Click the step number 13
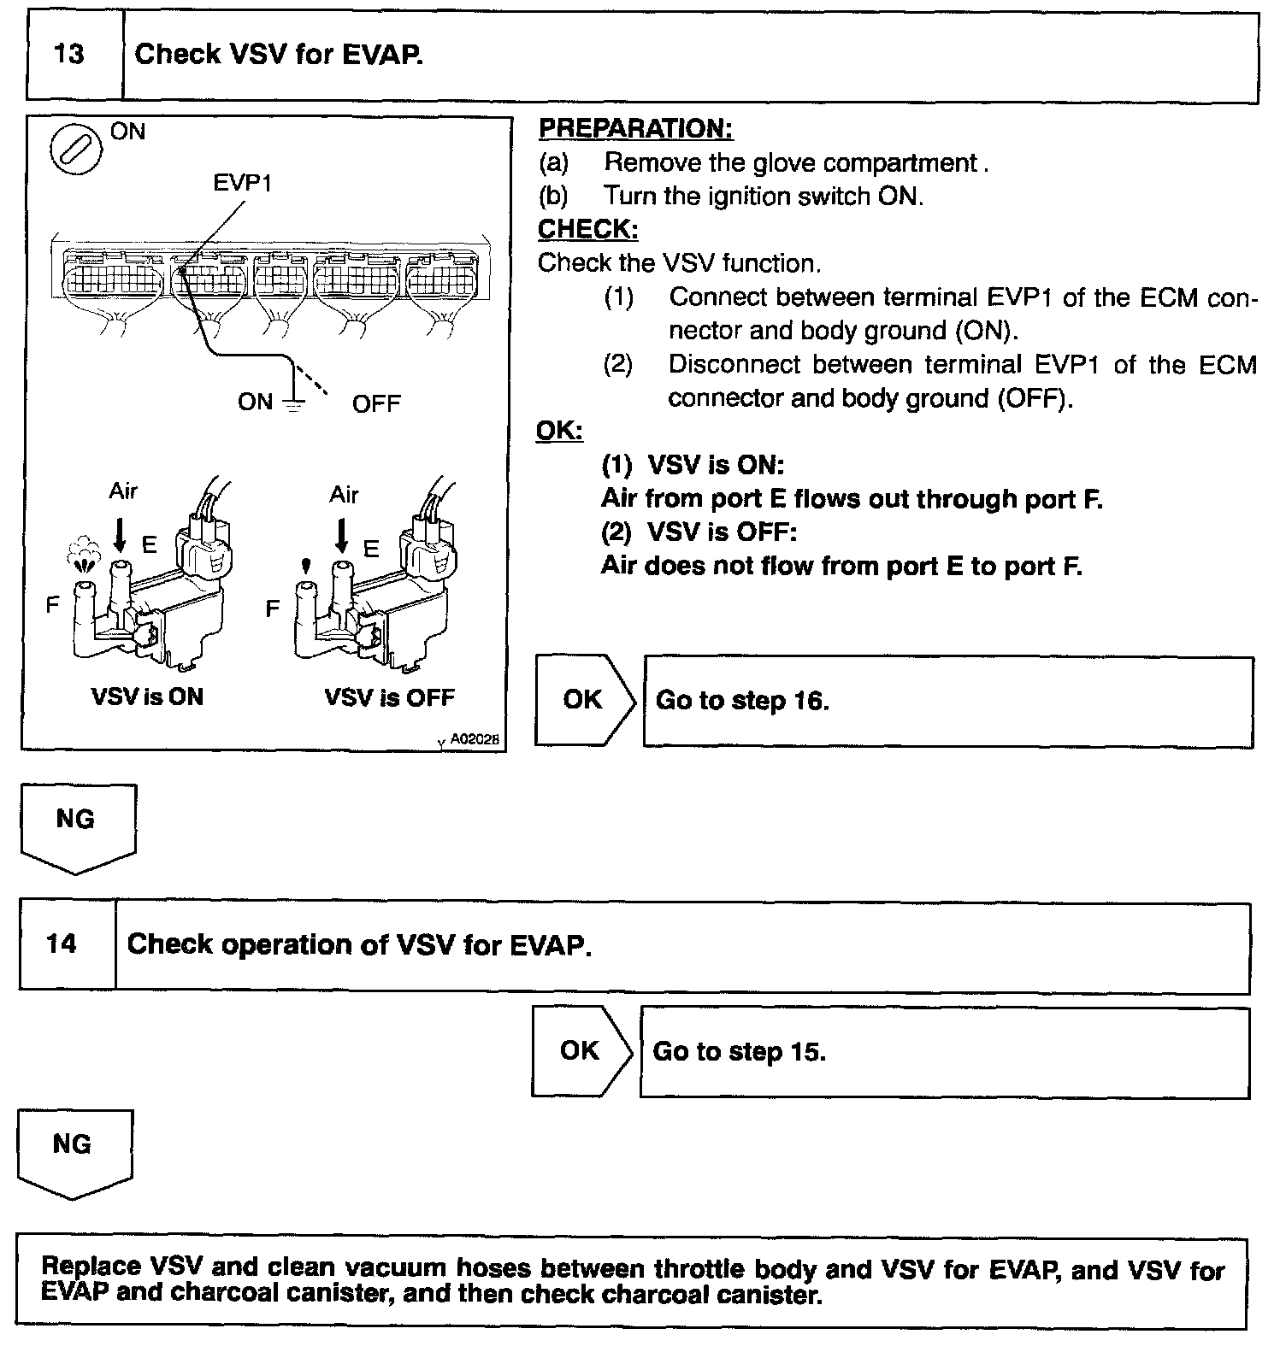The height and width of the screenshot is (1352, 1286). pos(69,56)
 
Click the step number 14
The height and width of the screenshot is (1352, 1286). pos(62,944)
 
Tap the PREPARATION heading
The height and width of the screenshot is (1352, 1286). pos(635,129)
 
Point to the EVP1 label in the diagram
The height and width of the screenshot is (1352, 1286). pos(243,183)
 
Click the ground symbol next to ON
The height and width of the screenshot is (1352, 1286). pos(294,406)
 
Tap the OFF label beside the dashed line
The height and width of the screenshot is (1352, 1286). pos(376,403)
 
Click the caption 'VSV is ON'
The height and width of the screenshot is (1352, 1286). pos(147,697)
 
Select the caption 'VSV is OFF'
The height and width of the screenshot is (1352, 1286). pos(389,697)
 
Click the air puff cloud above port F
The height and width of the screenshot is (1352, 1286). pos(82,553)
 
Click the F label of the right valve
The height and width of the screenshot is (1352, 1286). pos(273,608)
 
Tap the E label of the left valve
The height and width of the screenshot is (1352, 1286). pos(150,544)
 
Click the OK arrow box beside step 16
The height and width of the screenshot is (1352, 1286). pos(585,700)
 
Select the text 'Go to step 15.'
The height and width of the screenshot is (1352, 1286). pos(740,1051)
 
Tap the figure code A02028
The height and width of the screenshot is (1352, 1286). pos(475,739)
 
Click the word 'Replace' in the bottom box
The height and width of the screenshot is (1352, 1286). pos(91,1267)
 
